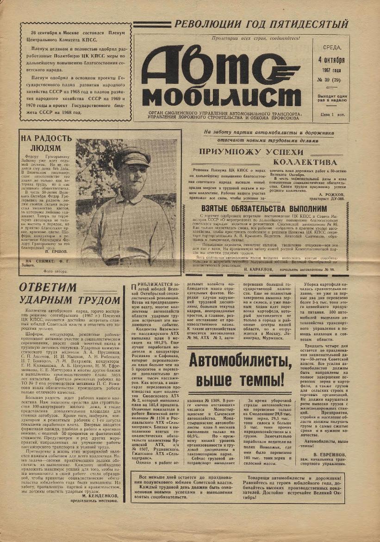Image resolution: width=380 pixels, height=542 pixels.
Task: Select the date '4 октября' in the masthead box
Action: pos(331,61)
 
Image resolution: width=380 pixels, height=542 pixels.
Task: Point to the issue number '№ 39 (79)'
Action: pos(331,80)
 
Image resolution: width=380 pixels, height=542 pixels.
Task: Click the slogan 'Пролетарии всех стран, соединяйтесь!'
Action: pos(256,38)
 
